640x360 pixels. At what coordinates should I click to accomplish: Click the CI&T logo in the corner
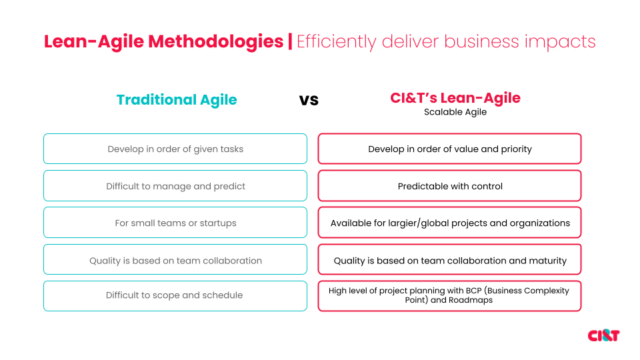(x=603, y=335)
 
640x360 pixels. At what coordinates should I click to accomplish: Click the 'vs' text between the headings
(x=309, y=100)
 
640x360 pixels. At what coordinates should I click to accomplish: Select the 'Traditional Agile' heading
(x=177, y=100)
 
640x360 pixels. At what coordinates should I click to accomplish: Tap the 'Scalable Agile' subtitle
(x=455, y=112)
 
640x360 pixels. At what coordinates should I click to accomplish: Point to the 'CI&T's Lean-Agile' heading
(x=455, y=98)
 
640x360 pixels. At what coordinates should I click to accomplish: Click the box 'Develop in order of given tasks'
(x=175, y=149)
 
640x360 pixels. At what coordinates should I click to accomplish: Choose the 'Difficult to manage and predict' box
(x=175, y=186)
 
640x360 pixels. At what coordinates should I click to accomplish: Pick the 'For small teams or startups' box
(x=175, y=223)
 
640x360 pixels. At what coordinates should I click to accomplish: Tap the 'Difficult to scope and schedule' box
(x=175, y=295)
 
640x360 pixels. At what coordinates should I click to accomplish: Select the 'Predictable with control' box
(x=450, y=186)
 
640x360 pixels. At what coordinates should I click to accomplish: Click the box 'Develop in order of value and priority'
(x=450, y=149)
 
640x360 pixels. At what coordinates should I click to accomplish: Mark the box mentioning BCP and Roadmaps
(x=450, y=295)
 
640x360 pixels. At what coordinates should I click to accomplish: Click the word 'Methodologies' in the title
(x=216, y=41)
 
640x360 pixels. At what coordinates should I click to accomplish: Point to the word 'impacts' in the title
(x=559, y=41)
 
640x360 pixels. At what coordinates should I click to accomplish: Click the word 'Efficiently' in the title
(x=337, y=41)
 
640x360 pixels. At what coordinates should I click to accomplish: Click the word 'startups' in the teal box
(x=218, y=223)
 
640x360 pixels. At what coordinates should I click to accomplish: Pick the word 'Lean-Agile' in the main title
(x=94, y=41)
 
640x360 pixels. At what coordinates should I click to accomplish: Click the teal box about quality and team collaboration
(x=175, y=260)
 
